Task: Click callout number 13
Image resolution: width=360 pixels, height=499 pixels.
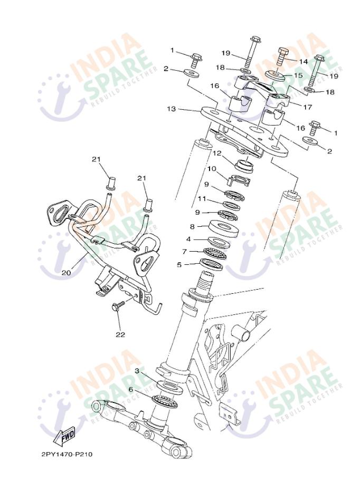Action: (x=170, y=109)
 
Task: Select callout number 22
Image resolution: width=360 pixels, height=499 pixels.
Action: (x=120, y=334)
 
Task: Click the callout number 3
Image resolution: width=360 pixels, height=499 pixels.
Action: (x=137, y=371)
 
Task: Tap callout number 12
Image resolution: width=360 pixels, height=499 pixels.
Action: (x=216, y=153)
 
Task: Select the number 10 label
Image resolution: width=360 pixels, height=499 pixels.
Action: (x=211, y=169)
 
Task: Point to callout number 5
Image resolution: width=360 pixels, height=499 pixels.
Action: (x=179, y=265)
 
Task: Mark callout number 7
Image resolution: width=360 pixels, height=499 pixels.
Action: (x=184, y=252)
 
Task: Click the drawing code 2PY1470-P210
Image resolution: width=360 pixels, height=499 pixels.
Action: (x=67, y=454)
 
